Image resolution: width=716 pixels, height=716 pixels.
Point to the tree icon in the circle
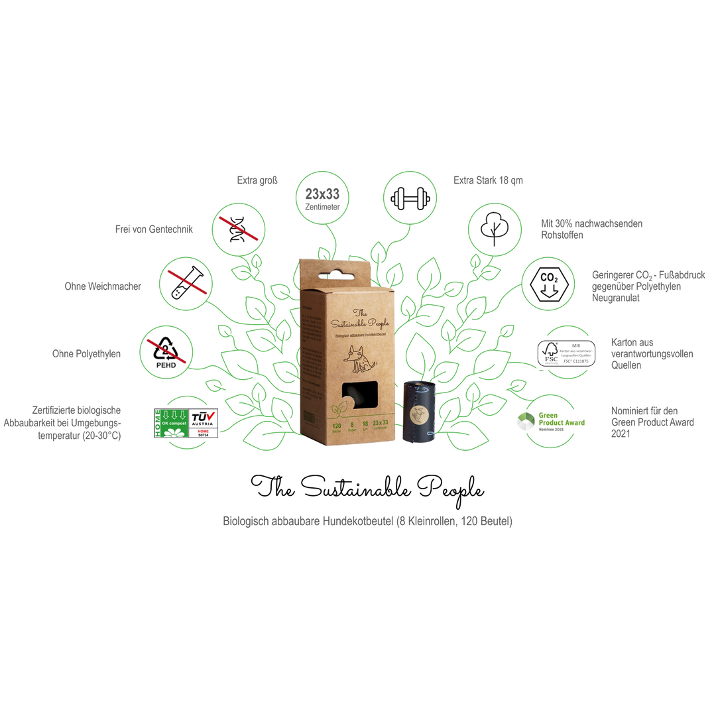495,227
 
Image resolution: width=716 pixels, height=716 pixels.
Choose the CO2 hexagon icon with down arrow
550,284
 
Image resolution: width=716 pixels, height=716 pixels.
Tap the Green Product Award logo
552,420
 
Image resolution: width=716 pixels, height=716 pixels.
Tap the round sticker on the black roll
420,415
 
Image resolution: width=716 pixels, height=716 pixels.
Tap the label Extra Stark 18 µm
489,180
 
